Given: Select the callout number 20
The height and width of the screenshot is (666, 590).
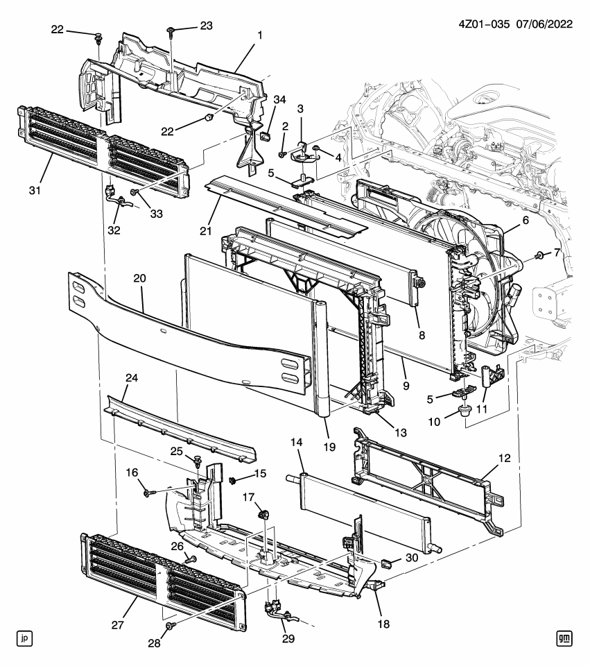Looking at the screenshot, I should point(139,278).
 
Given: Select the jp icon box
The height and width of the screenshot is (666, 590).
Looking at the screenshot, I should point(25,637).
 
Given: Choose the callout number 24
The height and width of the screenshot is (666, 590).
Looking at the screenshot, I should point(130,379).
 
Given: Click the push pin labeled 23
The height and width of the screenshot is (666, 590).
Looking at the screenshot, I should point(171,30).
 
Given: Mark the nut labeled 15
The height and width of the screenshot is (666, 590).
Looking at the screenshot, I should point(232,479).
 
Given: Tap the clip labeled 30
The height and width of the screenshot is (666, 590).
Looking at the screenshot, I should point(390,560).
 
